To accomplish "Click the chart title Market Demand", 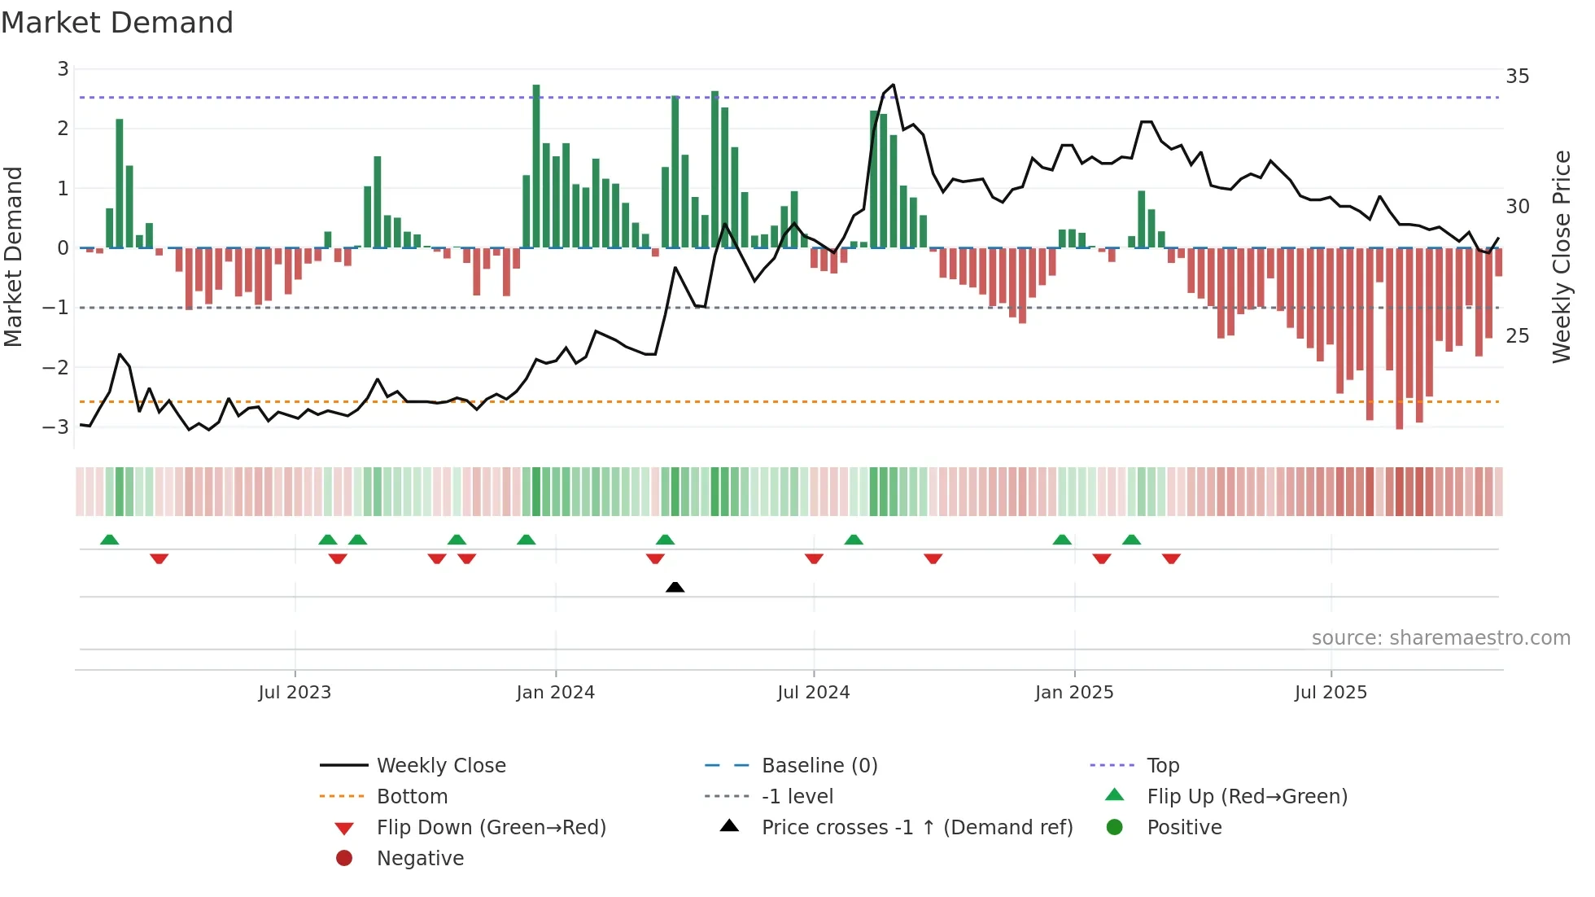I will click(117, 23).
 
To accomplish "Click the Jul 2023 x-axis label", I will click(295, 693).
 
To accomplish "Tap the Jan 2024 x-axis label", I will click(555, 693).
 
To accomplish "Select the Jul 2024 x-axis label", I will click(813, 693).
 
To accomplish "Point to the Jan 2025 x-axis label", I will click(1074, 693).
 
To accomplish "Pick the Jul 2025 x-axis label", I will click(1331, 693).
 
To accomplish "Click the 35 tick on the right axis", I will click(1517, 77).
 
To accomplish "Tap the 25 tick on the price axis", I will click(1517, 336).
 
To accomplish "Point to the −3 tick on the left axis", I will click(56, 427).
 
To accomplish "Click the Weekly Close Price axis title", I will click(1561, 256).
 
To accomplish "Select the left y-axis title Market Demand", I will click(13, 256).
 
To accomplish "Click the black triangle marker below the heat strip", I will click(675, 587).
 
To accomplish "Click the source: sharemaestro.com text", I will click(1440, 637).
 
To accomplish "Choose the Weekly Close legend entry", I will click(440, 765).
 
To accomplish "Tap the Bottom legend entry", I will click(412, 796).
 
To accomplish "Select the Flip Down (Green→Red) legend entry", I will click(491, 827).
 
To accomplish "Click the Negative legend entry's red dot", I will click(344, 858).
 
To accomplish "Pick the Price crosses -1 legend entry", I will click(916, 827).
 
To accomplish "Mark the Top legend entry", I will click(1162, 765).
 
